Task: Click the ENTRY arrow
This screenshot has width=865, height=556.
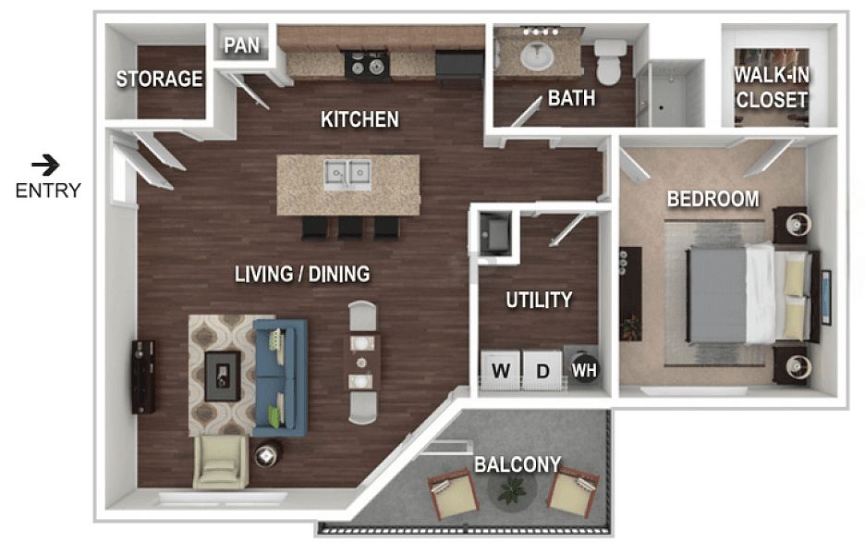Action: pyautogui.click(x=45, y=164)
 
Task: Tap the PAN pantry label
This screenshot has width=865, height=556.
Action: pyautogui.click(x=241, y=45)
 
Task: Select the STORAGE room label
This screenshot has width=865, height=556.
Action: pyautogui.click(x=160, y=79)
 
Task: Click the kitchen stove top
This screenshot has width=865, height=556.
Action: pyautogui.click(x=367, y=65)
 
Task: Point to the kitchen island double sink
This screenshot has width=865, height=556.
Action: pyautogui.click(x=347, y=175)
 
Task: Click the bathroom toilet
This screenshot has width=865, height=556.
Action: pyautogui.click(x=608, y=61)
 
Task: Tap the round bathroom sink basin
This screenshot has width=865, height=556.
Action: pyautogui.click(x=537, y=56)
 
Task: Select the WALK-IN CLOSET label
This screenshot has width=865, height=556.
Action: pyautogui.click(x=772, y=87)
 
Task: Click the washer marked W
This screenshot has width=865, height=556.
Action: pyautogui.click(x=500, y=370)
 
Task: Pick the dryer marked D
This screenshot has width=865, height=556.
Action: pyautogui.click(x=542, y=370)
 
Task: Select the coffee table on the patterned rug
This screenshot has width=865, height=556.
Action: pyautogui.click(x=223, y=376)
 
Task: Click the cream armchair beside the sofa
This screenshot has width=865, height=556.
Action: pyautogui.click(x=221, y=462)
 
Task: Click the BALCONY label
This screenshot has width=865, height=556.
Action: pyautogui.click(x=518, y=464)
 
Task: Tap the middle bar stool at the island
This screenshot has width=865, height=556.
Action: pyautogui.click(x=350, y=228)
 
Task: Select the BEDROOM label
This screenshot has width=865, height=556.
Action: pyautogui.click(x=713, y=199)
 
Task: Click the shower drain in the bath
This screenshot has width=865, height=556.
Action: pyautogui.click(x=661, y=107)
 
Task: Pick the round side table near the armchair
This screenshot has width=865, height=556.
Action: pyautogui.click(x=267, y=454)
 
